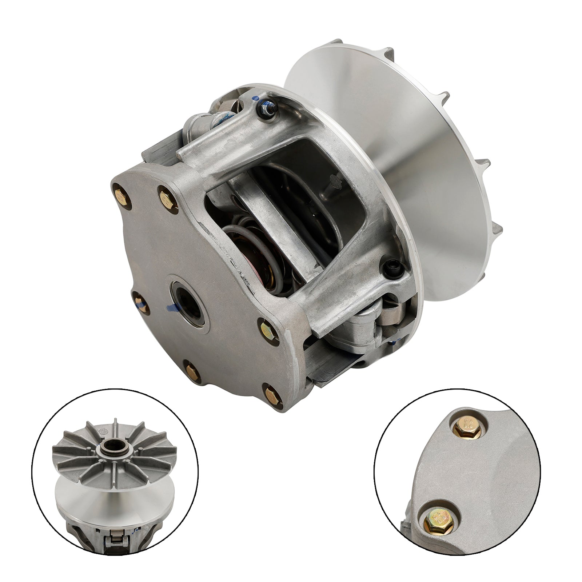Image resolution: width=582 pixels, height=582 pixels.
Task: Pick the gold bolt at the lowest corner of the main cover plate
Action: (x=272, y=395)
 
